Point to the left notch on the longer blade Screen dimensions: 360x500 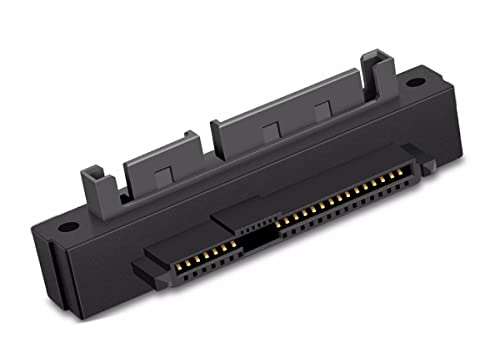268,127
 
